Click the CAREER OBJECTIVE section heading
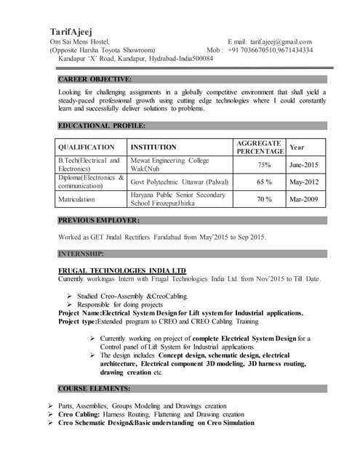click(x=95, y=78)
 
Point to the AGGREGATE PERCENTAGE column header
click(x=260, y=147)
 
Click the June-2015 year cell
click(x=303, y=165)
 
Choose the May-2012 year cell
click(x=303, y=182)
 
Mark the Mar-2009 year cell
click(x=303, y=199)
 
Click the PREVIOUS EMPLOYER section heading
click(x=99, y=220)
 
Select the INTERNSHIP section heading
click(x=81, y=254)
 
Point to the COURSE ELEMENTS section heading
click(x=94, y=389)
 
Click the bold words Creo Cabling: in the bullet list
click(x=79, y=414)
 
